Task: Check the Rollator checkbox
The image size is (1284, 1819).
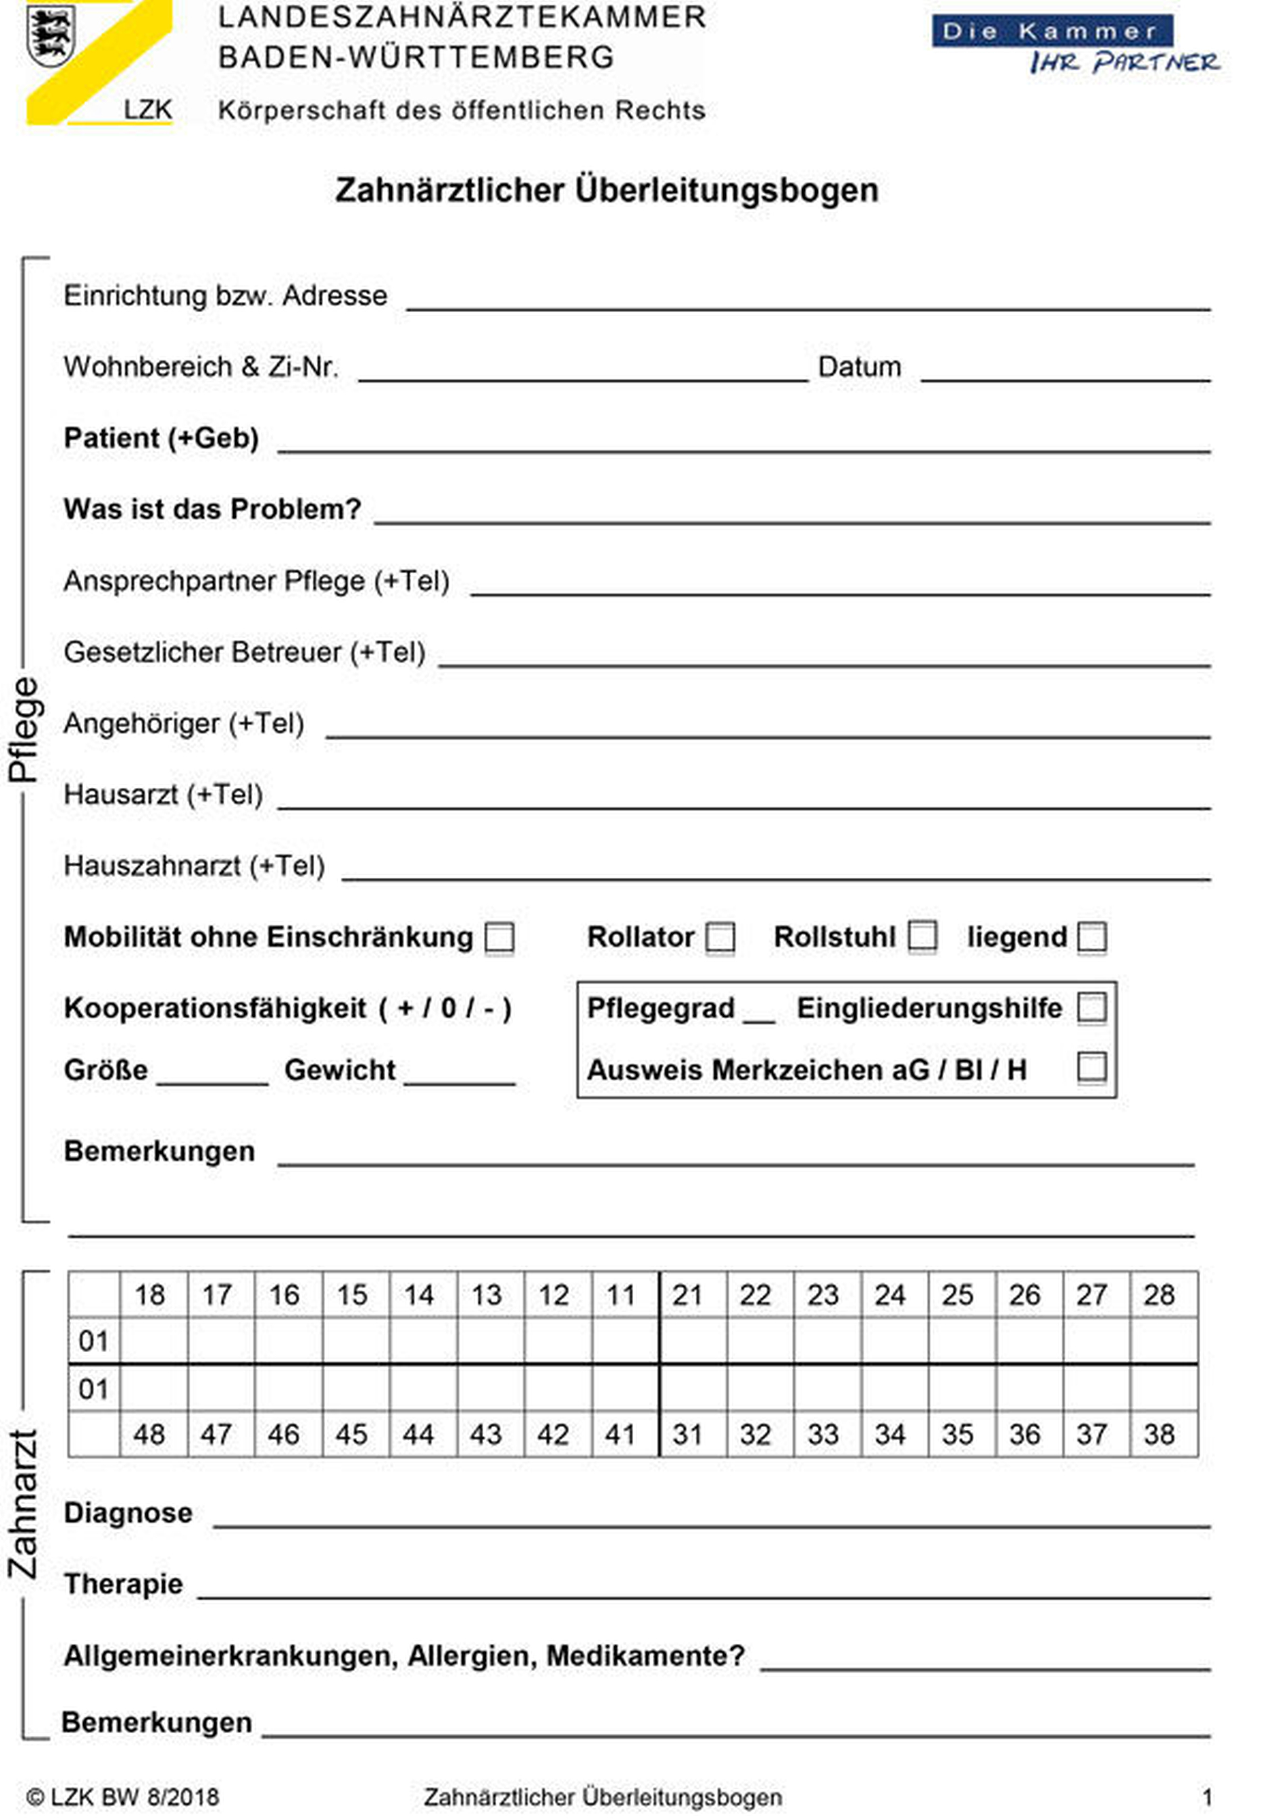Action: (720, 937)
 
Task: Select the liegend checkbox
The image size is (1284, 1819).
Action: (1092, 937)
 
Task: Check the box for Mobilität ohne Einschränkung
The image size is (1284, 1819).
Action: (500, 937)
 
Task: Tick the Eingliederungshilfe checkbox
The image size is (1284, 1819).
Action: (1092, 1009)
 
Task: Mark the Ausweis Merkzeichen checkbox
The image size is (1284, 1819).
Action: (1092, 1067)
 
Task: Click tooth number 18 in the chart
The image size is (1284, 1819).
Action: (150, 1295)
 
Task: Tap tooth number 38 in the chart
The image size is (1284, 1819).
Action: (1159, 1434)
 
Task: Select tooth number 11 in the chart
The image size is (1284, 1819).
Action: (620, 1295)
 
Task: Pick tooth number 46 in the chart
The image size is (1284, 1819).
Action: (284, 1434)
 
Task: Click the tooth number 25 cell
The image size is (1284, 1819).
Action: (958, 1295)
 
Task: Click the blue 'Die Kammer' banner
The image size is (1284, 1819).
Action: (1052, 32)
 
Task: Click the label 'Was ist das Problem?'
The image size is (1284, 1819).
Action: (212, 509)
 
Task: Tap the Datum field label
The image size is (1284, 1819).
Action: (860, 367)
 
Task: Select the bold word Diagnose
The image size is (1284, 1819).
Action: (128, 1512)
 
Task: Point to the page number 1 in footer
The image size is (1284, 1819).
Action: (1207, 1797)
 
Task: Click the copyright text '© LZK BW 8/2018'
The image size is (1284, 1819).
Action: (123, 1797)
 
